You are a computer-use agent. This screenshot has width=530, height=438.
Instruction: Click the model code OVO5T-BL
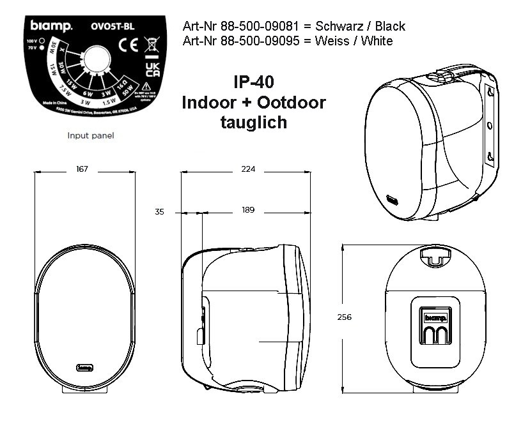pyautogui.click(x=113, y=27)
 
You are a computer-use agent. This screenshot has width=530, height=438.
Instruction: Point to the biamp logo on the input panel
pyautogui.click(x=52, y=26)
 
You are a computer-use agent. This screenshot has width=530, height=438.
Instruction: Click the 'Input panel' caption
pyautogui.click(x=91, y=135)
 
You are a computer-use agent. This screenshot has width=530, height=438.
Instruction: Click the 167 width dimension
pyautogui.click(x=82, y=169)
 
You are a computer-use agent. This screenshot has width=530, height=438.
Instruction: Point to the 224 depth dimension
pyautogui.click(x=248, y=169)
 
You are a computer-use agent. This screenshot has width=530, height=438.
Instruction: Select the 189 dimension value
pyautogui.click(x=248, y=210)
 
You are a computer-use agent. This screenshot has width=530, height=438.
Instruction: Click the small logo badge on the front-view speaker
pyautogui.click(x=85, y=366)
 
